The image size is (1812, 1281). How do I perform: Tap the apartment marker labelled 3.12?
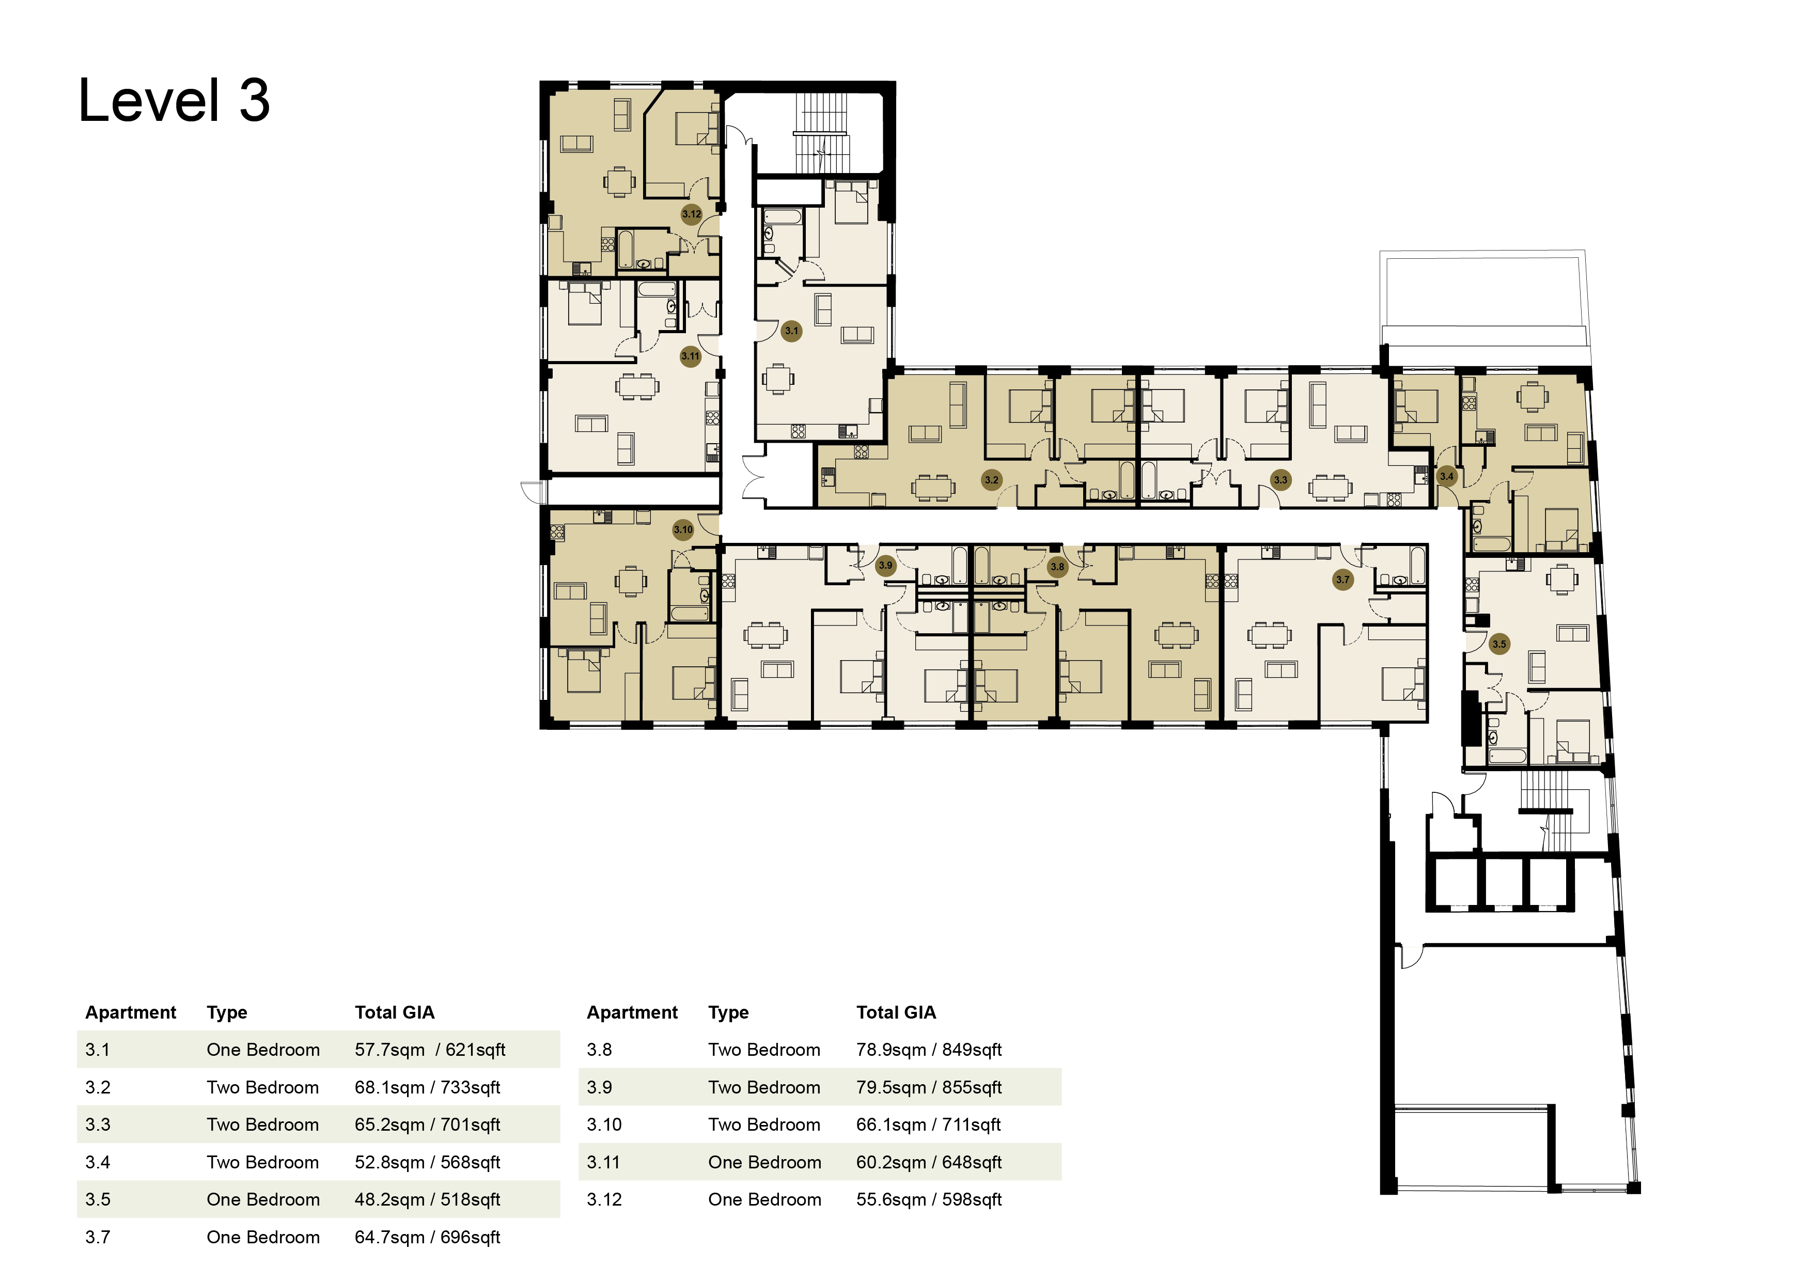(691, 214)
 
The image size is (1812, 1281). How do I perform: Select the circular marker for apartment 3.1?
(791, 331)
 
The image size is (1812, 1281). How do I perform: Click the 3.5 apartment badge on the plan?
(1498, 644)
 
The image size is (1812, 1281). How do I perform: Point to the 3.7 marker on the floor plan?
(1342, 580)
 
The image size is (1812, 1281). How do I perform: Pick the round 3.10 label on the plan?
(683, 529)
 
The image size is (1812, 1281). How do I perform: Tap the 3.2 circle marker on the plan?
(991, 479)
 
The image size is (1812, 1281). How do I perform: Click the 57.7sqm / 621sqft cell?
(430, 1050)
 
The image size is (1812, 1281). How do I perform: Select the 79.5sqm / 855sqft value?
(929, 1088)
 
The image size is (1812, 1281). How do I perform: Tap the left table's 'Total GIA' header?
(395, 1012)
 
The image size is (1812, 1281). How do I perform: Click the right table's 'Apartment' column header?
(632, 1012)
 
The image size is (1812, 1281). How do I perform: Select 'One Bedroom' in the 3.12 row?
(765, 1200)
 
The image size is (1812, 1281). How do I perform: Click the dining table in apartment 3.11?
(637, 386)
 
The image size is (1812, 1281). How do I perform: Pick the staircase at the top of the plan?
(821, 133)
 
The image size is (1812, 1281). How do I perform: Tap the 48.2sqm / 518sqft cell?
(427, 1200)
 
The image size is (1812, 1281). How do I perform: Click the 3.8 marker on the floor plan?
(1057, 567)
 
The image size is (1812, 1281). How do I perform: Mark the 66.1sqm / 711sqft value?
(928, 1124)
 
